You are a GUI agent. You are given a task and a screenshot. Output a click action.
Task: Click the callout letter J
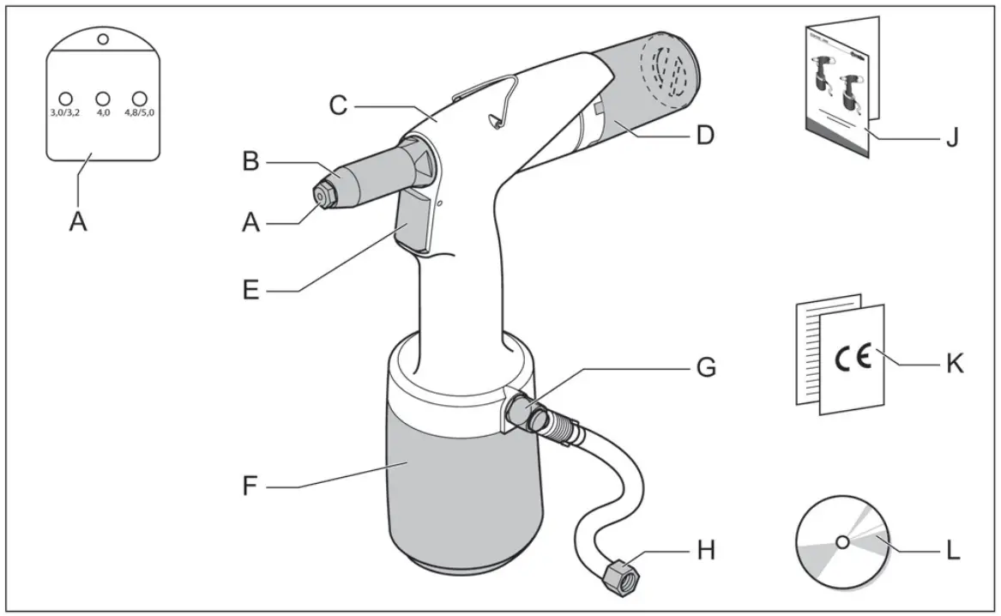click(x=951, y=137)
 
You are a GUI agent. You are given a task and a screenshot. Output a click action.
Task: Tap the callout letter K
click(x=955, y=364)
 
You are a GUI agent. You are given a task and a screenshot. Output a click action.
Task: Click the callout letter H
click(x=705, y=549)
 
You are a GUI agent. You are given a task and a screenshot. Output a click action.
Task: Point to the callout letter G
click(x=705, y=368)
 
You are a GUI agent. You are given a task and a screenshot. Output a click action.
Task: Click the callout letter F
click(x=250, y=488)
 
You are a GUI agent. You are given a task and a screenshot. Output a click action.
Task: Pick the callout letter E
click(x=250, y=290)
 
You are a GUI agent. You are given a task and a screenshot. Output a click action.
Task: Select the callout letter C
click(x=338, y=106)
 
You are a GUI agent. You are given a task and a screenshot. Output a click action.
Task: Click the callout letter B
click(x=250, y=160)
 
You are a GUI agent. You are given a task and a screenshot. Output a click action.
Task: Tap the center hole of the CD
click(x=842, y=542)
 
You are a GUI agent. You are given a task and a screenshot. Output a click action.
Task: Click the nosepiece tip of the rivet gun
click(x=321, y=196)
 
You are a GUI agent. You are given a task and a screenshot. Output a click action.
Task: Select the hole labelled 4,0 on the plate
click(x=102, y=98)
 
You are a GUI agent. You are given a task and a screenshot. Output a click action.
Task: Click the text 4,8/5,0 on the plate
click(x=139, y=112)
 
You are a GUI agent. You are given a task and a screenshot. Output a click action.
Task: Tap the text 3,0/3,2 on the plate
click(x=64, y=112)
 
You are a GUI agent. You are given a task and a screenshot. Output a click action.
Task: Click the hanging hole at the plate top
click(x=103, y=39)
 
